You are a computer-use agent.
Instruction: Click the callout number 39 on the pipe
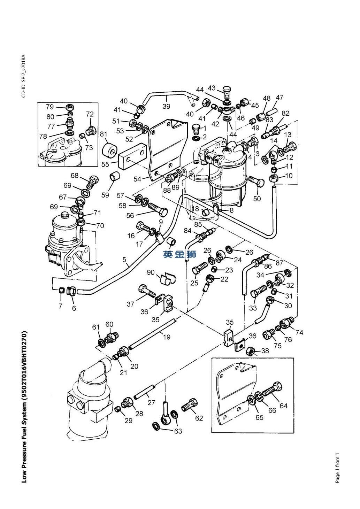[x=166, y=106]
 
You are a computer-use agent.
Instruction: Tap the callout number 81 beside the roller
[x=104, y=134]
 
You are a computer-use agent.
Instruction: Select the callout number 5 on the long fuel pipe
[x=124, y=260]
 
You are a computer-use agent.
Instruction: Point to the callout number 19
[x=167, y=337]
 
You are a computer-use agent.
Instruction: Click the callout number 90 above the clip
[x=151, y=272]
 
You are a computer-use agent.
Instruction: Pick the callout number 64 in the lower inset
[x=284, y=406]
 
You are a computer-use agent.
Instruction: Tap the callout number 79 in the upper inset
[x=50, y=107]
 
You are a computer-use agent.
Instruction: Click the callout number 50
[x=257, y=199]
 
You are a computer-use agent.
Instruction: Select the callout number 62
[x=199, y=418]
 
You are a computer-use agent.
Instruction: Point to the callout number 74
[x=299, y=332]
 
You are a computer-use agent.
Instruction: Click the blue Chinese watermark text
[x=180, y=255]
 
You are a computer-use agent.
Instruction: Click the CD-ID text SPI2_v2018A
[x=24, y=76]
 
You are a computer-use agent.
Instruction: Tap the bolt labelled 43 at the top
[x=226, y=93]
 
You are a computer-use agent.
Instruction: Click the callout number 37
[x=130, y=304]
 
